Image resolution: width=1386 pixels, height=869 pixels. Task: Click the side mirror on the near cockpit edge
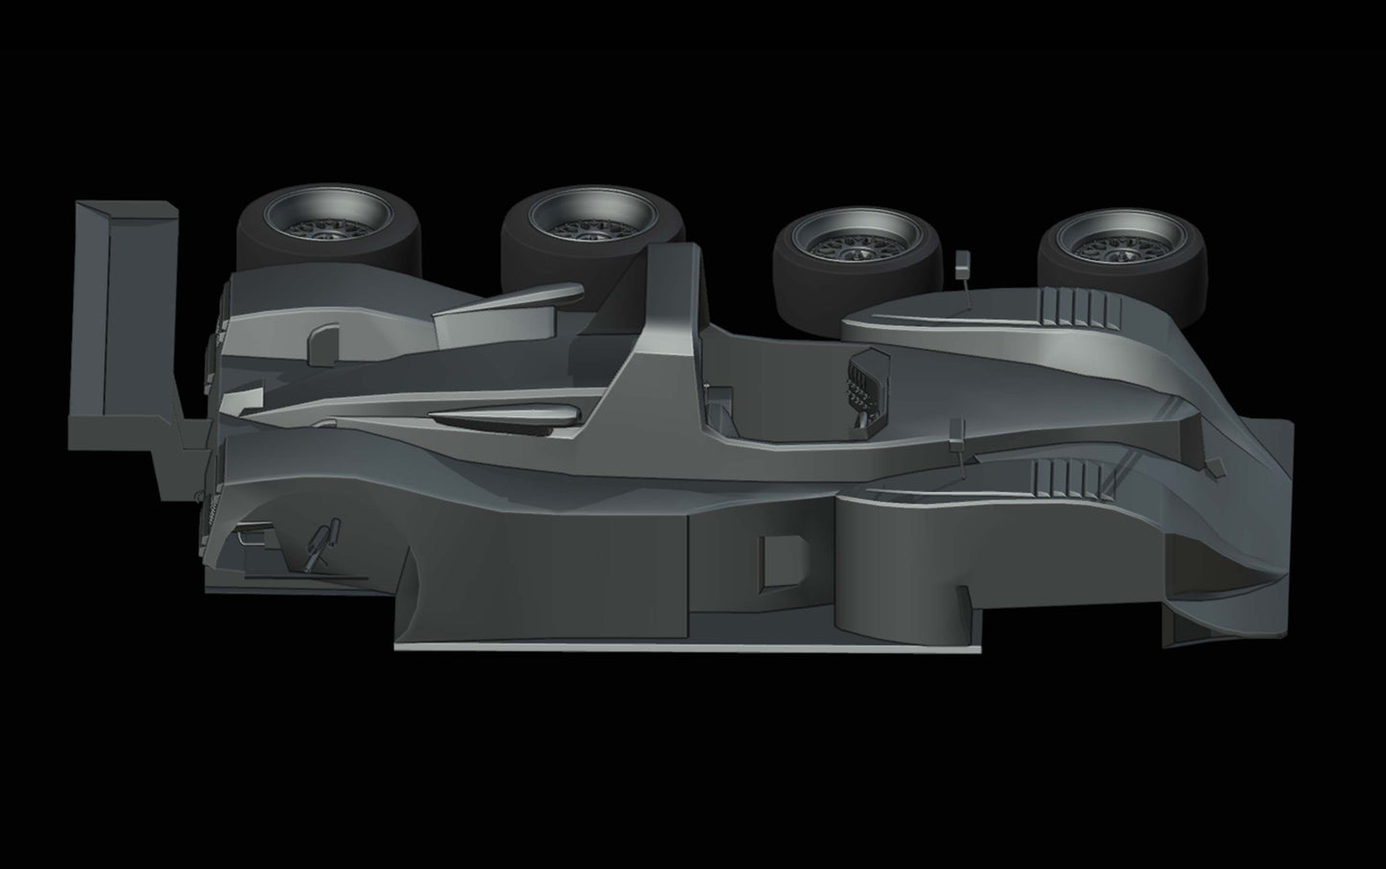(x=954, y=434)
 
